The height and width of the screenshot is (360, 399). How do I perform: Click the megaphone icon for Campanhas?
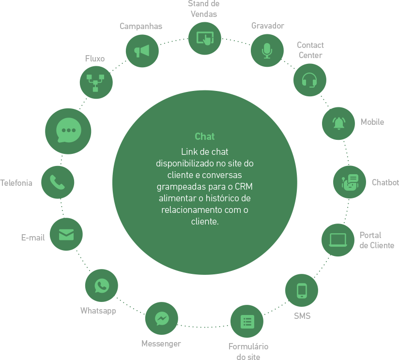(x=142, y=51)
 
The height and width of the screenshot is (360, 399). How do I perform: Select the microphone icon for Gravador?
(x=267, y=50)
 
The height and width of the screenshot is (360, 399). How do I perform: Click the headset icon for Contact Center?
(x=310, y=80)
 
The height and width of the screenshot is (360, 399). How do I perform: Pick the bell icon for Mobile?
(x=338, y=123)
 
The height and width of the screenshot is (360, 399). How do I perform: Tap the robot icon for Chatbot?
(x=350, y=182)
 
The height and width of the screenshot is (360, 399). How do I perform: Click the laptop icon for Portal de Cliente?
(x=338, y=240)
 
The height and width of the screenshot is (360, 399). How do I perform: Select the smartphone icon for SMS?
(x=302, y=290)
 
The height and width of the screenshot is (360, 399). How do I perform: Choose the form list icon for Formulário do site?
(x=246, y=321)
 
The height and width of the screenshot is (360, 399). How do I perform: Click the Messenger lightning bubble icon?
(x=162, y=318)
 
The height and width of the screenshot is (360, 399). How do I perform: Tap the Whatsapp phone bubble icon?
(x=101, y=285)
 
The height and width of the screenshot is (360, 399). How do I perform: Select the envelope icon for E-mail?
(x=66, y=235)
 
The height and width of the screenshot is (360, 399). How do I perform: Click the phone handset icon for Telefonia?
(x=58, y=182)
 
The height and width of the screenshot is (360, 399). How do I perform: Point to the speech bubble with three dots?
(x=68, y=131)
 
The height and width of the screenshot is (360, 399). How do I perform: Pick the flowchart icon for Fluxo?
(x=96, y=83)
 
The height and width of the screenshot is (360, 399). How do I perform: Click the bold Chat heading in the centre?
(x=204, y=136)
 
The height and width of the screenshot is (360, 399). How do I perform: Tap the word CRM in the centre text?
(x=244, y=186)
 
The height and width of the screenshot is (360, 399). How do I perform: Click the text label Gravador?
(x=267, y=26)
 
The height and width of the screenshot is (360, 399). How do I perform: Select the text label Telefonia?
(x=16, y=183)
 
